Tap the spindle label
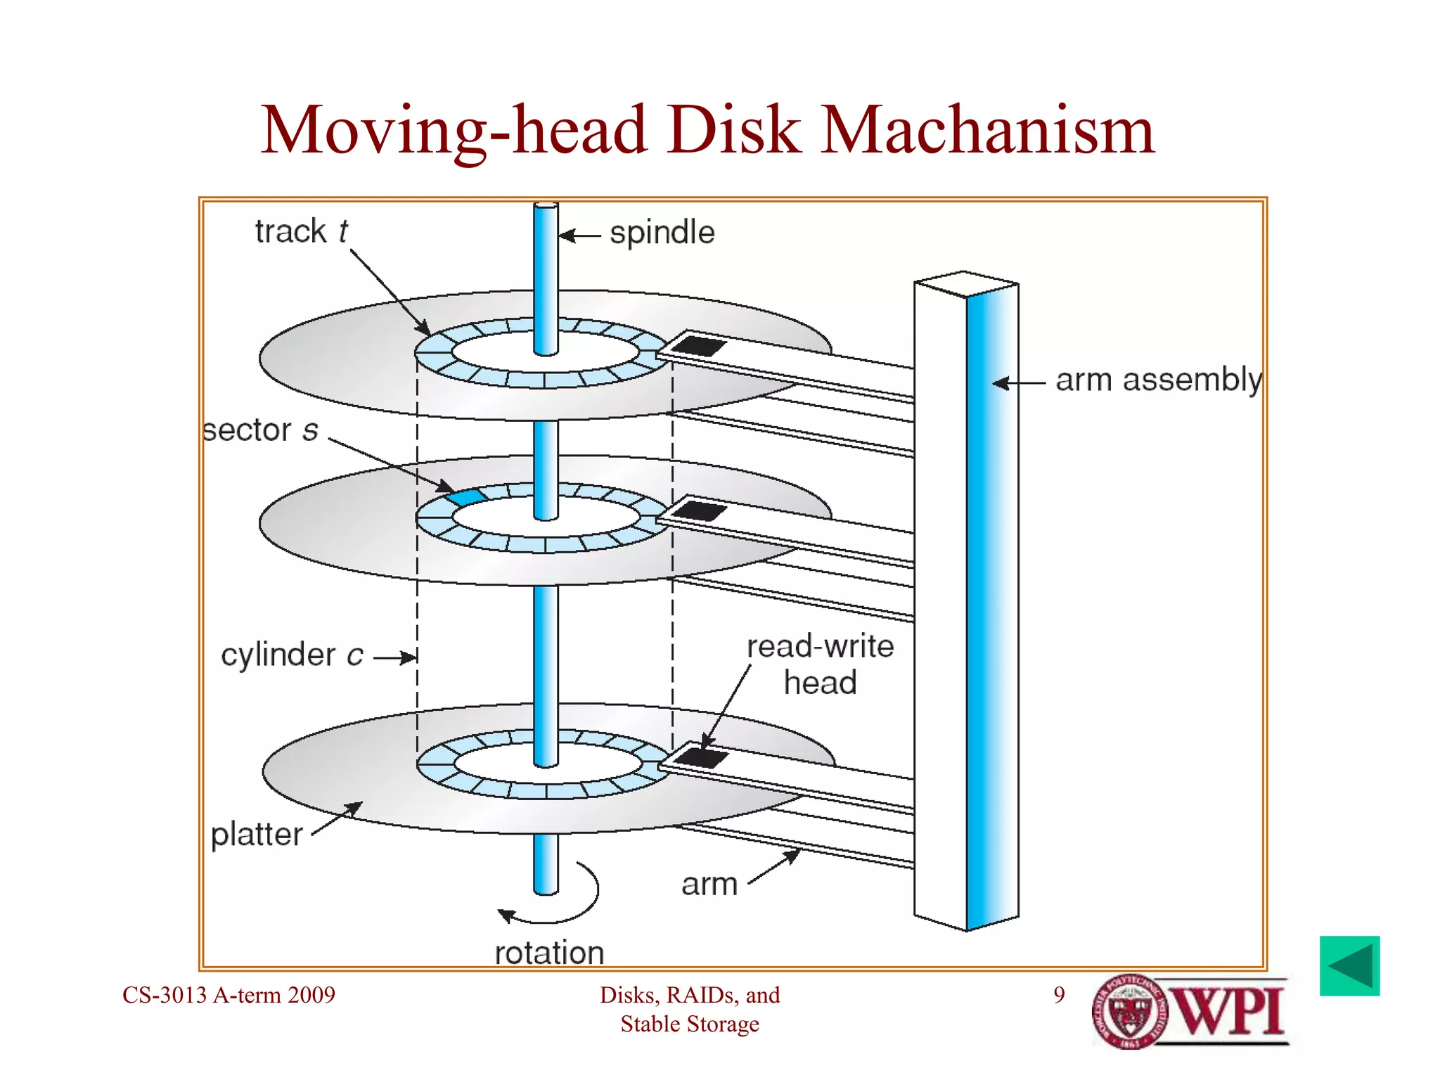pyautogui.click(x=662, y=233)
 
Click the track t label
pyautogui.click(x=301, y=231)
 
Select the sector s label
pyautogui.click(x=260, y=430)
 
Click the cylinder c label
pyautogui.click(x=292, y=655)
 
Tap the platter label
pyautogui.click(x=257, y=835)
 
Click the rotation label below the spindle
pyautogui.click(x=549, y=953)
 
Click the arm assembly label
pyautogui.click(x=1158, y=380)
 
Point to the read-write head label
pyautogui.click(x=820, y=664)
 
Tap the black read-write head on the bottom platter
pyautogui.click(x=701, y=758)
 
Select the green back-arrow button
pyautogui.click(x=1349, y=965)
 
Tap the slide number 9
pyautogui.click(x=1059, y=995)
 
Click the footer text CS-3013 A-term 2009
pyautogui.click(x=229, y=995)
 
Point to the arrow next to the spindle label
pyautogui.click(x=580, y=236)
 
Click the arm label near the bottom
pyautogui.click(x=709, y=885)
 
